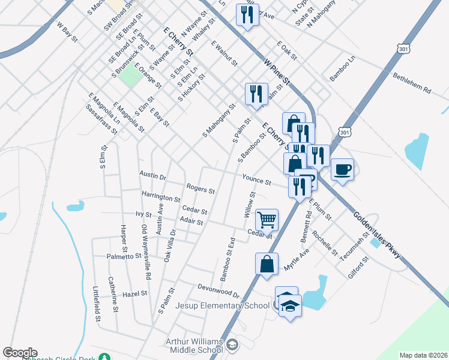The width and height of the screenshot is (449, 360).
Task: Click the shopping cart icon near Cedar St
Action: (x=267, y=219)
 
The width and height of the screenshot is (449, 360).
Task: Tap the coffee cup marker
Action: (x=342, y=170)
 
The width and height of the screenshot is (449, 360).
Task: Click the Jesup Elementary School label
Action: (x=222, y=305)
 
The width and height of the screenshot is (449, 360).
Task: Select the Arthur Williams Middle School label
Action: (x=194, y=346)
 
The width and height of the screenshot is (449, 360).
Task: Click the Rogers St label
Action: (x=200, y=189)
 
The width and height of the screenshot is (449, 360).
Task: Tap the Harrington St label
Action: (x=161, y=197)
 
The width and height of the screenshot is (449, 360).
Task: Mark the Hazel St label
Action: (x=135, y=294)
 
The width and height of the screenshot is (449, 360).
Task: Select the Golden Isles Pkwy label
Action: (x=376, y=238)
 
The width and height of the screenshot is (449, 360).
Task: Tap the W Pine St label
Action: (x=277, y=71)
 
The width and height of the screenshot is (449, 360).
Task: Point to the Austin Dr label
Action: (x=152, y=176)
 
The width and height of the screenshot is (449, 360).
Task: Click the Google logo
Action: (x=20, y=353)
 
